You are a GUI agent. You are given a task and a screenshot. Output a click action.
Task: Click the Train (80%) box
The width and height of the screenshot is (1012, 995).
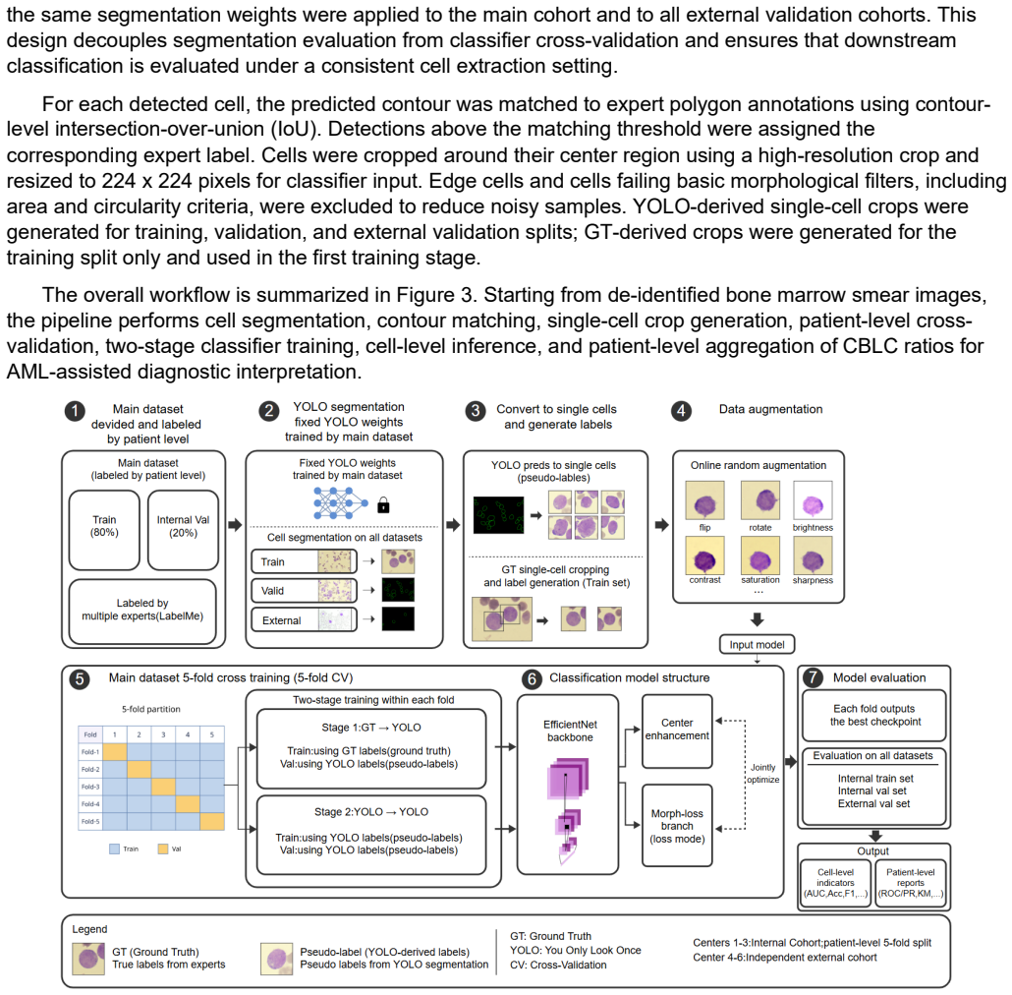104,530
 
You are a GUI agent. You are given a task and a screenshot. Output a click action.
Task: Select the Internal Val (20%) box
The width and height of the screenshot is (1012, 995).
184,530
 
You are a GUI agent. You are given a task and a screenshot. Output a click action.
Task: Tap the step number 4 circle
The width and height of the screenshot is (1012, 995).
681,411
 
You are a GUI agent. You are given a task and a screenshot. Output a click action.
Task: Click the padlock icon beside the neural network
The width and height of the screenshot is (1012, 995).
383,504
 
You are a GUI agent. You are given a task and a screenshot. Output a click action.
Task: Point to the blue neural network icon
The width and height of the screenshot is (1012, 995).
340,503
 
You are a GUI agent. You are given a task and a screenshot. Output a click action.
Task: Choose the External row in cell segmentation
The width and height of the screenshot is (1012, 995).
304,619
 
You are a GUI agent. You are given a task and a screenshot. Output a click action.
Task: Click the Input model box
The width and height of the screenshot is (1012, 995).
758,644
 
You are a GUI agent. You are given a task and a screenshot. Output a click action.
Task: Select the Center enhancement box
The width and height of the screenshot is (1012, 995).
677,731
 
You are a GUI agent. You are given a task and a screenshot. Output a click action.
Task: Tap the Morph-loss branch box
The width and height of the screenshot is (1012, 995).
677,825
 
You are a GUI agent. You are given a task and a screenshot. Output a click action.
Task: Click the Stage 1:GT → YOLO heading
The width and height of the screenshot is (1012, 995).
371,728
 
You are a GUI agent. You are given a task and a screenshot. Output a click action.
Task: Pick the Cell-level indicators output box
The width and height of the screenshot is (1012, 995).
835,883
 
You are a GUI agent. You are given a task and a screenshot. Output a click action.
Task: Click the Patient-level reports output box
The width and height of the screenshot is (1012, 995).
910,883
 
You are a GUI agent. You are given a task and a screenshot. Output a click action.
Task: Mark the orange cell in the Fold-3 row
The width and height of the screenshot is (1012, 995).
163,787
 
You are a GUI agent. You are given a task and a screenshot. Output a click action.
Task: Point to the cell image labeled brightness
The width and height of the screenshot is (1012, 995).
813,500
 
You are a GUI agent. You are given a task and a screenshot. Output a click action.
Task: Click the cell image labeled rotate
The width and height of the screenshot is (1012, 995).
760,500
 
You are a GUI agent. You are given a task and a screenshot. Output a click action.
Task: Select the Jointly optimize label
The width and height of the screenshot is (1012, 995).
762,774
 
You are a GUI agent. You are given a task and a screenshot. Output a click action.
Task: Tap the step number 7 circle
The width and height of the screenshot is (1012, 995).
813,677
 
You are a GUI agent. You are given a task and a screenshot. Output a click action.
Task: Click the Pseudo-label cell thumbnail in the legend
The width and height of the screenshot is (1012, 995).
276,959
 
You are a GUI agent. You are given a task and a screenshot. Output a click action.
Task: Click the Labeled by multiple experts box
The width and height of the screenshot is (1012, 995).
142,611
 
